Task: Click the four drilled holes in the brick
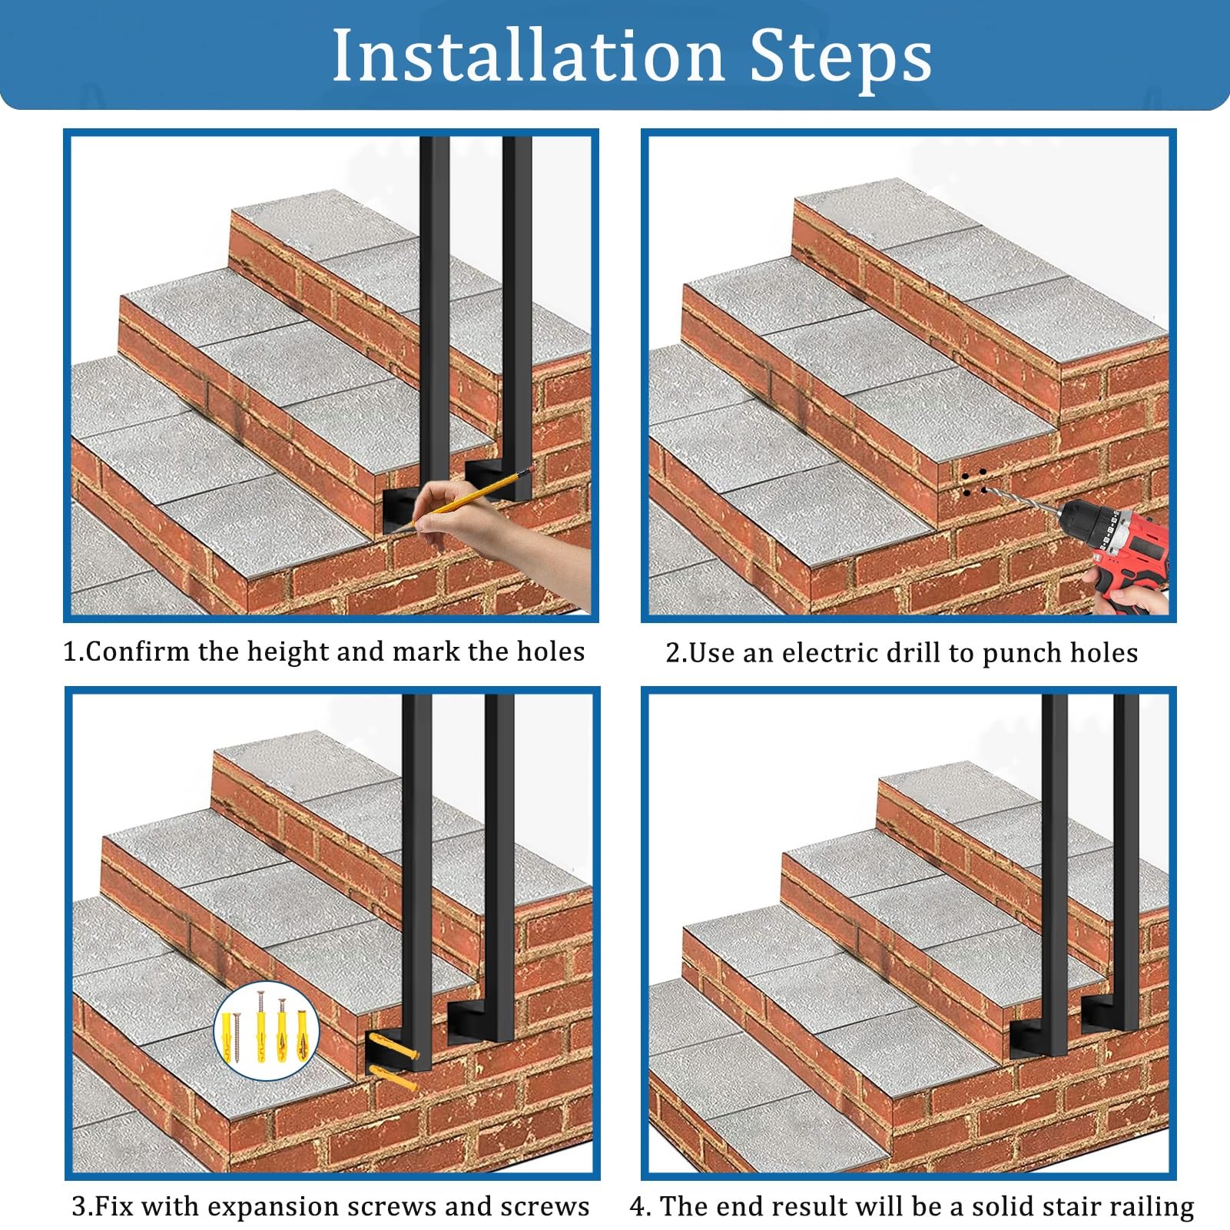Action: pos(973,482)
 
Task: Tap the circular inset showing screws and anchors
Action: pos(266,1030)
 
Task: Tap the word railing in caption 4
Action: pos(1149,1207)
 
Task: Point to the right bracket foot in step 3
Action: pos(476,1020)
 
